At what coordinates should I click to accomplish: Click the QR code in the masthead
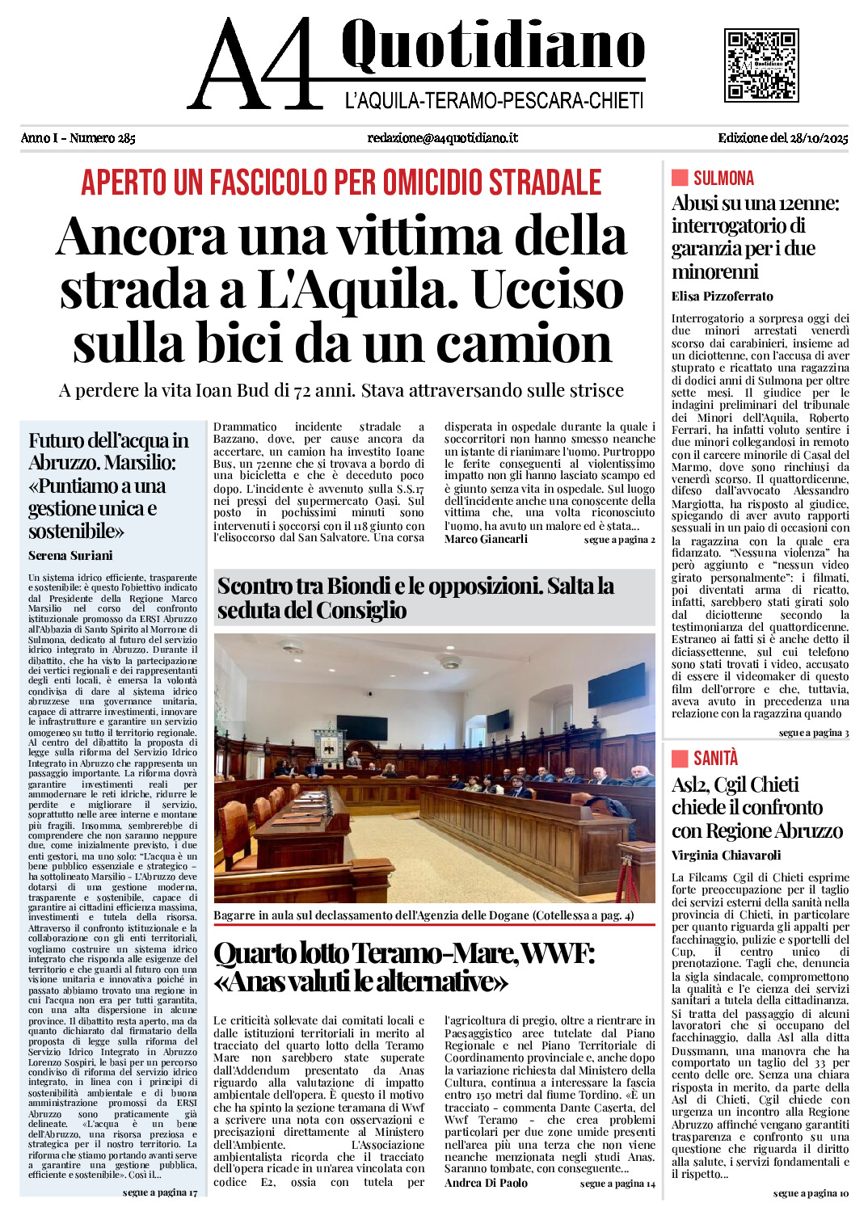coord(761,65)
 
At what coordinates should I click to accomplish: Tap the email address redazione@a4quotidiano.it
coord(442,138)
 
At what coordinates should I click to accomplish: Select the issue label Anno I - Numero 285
coord(78,138)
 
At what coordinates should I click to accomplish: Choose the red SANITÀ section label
coord(715,758)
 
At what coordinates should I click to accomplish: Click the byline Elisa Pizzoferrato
coord(722,296)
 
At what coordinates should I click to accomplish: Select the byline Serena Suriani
coord(70,556)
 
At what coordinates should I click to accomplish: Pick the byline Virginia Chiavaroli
coord(726,856)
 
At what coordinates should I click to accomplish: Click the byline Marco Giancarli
coord(486,539)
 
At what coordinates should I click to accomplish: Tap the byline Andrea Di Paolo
coord(486,1183)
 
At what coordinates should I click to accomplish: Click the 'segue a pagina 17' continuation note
coord(160,1192)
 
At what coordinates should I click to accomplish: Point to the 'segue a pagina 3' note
coord(814,733)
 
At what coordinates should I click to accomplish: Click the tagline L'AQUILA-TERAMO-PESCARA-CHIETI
coord(494,101)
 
